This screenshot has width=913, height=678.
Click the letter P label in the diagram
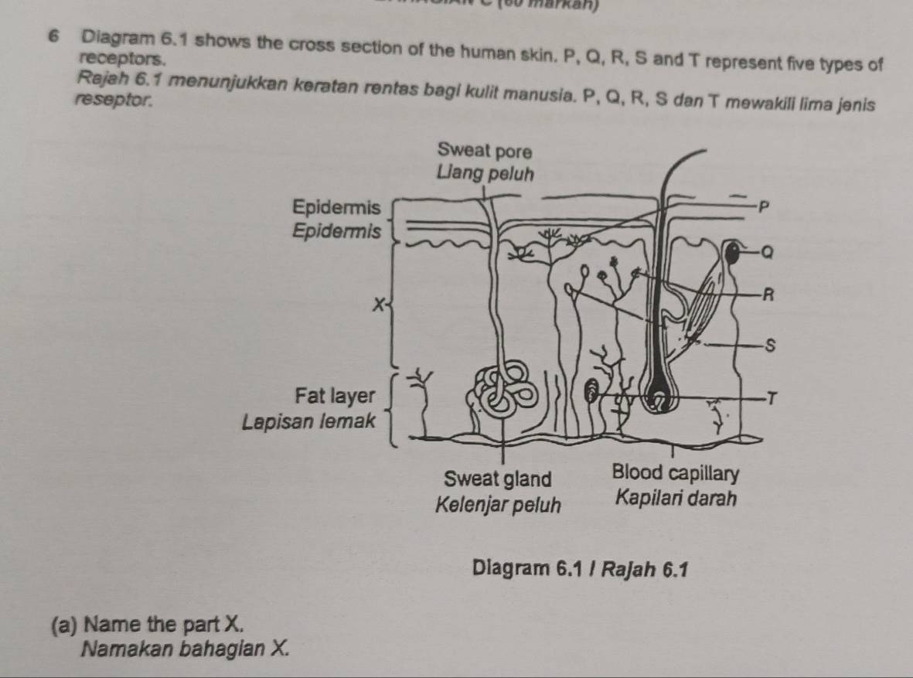(763, 206)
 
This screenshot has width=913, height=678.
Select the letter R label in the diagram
(767, 293)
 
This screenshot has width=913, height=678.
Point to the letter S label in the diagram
(769, 346)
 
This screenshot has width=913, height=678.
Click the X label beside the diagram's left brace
(376, 305)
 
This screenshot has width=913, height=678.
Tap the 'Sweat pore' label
(484, 149)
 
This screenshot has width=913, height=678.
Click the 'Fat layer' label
(336, 397)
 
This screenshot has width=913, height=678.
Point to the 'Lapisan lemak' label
(308, 421)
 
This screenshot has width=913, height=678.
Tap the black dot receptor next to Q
(731, 250)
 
